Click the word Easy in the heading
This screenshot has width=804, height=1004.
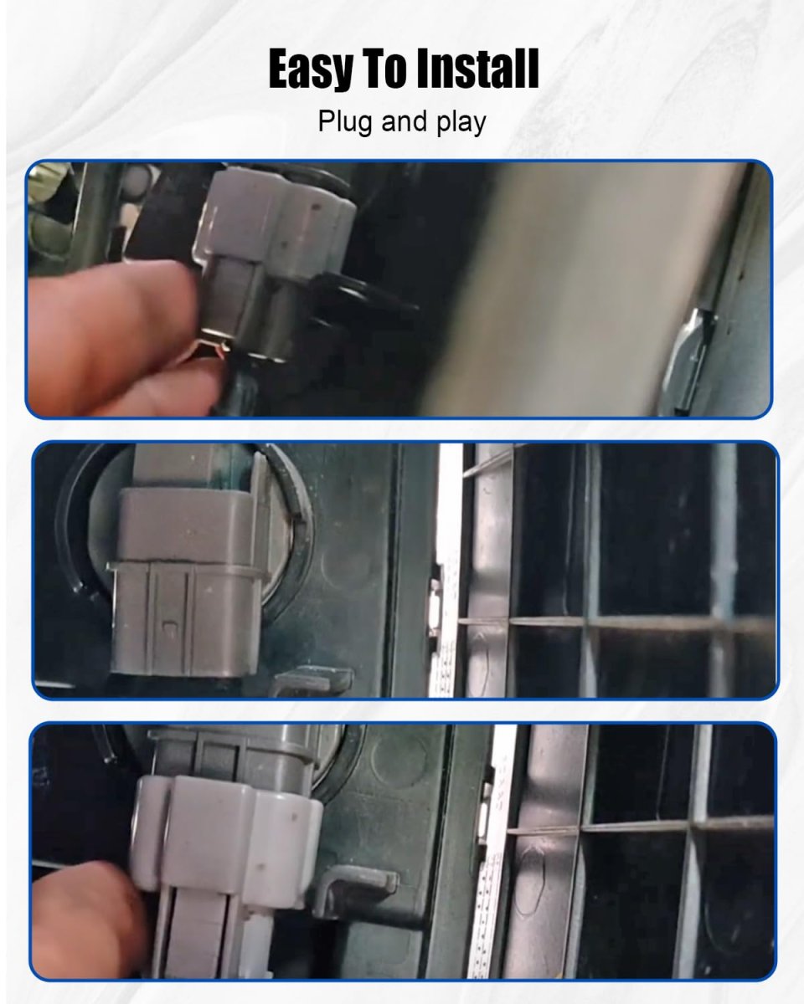coord(310,69)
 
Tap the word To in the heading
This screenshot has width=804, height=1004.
coord(384,68)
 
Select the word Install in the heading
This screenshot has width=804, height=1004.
coord(477,68)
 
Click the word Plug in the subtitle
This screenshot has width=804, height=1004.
coord(345,122)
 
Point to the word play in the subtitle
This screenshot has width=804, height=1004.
coord(461,122)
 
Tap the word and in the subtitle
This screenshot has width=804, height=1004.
coord(405,121)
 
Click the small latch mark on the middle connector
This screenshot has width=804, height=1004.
coord(169,626)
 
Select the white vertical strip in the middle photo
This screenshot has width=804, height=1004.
coord(447,569)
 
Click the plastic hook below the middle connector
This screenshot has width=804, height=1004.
coord(313,680)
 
